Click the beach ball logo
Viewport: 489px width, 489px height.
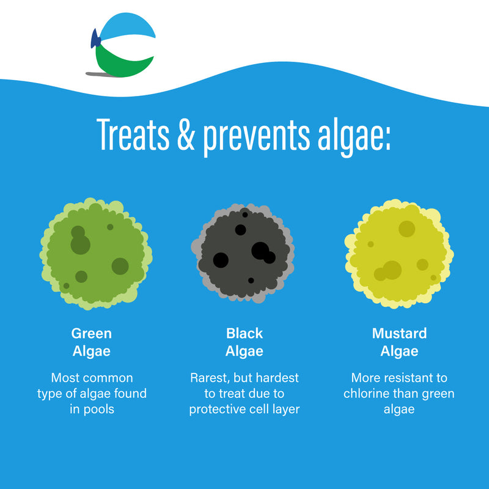pyautogui.click(x=124, y=46)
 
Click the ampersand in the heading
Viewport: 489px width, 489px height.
pyautogui.click(x=185, y=136)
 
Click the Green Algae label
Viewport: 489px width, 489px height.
pyautogui.click(x=92, y=342)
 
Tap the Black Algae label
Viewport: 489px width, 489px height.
pyautogui.click(x=244, y=342)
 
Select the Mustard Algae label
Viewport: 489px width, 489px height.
pyautogui.click(x=399, y=342)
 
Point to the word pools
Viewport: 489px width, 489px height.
pyautogui.click(x=100, y=409)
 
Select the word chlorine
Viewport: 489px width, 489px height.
pyautogui.click(x=366, y=394)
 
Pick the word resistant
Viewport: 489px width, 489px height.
pyautogui.click(x=415, y=378)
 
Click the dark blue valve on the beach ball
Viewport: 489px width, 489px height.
pyautogui.click(x=95, y=40)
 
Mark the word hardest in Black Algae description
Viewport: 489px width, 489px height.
pyautogui.click(x=277, y=378)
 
